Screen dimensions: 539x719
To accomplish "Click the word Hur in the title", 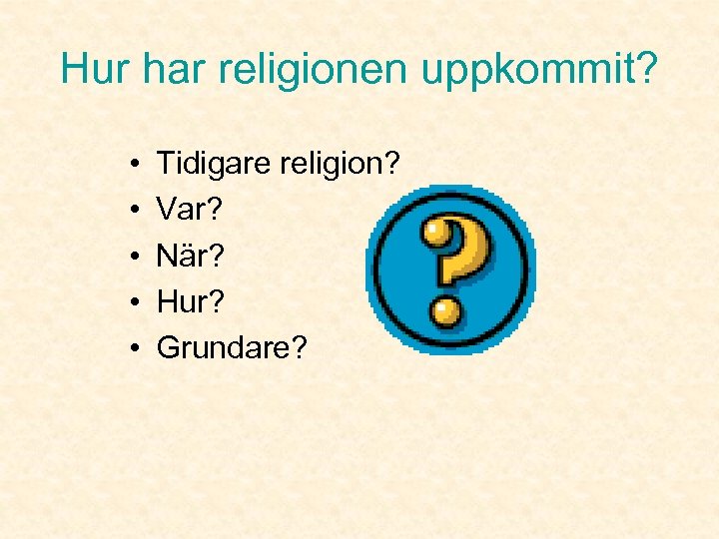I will click(93, 69).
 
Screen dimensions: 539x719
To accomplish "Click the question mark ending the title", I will click(646, 69).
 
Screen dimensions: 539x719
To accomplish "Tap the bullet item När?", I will click(191, 255).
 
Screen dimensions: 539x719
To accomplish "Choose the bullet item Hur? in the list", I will click(191, 301).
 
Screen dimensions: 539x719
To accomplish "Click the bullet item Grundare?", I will click(233, 349).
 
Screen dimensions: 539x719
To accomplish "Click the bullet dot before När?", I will click(133, 256).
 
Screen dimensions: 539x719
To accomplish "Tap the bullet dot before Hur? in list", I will click(133, 302).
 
